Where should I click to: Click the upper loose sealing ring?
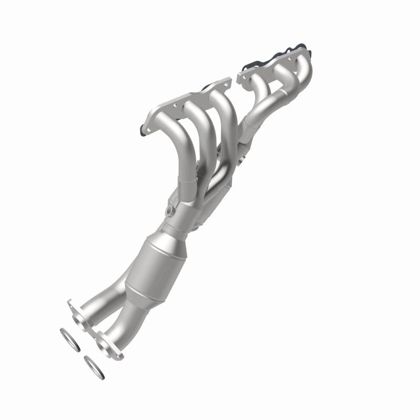coord(69,340)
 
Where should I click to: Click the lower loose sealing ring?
coord(93,367)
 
